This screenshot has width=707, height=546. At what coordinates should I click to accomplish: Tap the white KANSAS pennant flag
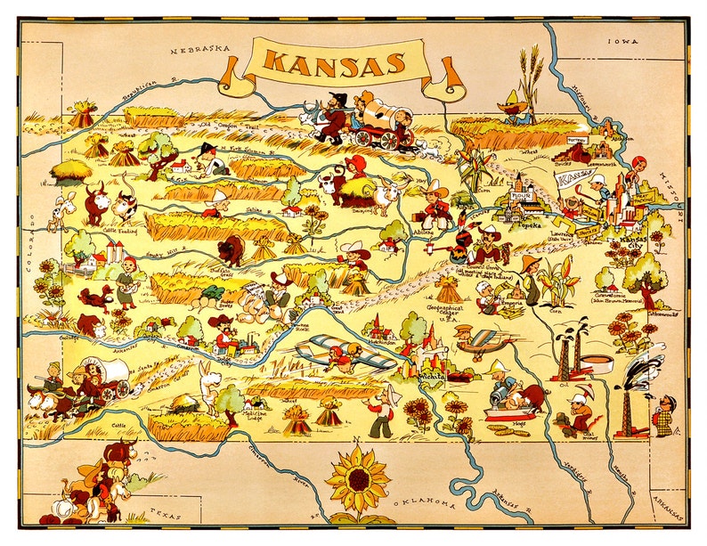tap(574, 180)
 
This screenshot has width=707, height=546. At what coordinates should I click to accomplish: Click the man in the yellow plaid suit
tap(663, 413)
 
